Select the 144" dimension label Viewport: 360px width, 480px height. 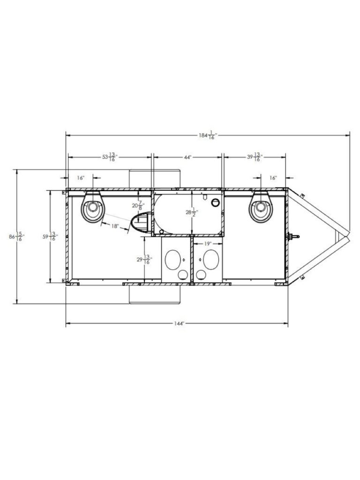(x=177, y=324)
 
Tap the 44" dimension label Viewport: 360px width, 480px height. (x=187, y=157)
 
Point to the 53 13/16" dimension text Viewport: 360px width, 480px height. (x=110, y=157)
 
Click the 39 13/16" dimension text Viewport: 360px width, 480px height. (x=255, y=157)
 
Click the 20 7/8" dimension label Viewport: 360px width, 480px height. (x=137, y=206)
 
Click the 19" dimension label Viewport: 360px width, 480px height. (x=208, y=244)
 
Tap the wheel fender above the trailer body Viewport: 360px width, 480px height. (x=155, y=179)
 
